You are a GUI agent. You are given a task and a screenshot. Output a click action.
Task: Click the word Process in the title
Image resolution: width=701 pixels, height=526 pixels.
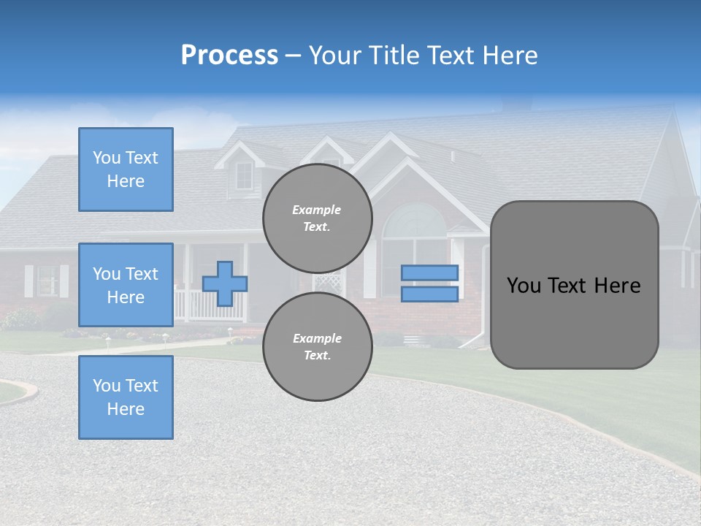229,56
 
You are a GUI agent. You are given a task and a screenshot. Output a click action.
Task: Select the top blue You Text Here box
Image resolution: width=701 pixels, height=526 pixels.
126,169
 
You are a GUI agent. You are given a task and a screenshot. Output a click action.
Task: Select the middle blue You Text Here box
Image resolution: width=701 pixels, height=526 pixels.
126,285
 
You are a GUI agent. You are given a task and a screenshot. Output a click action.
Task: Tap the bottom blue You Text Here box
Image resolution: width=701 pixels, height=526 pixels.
126,397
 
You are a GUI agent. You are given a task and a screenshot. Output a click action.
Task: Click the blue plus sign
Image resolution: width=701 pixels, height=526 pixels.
225,283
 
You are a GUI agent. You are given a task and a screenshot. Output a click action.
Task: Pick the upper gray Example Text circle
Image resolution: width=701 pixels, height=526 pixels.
317,218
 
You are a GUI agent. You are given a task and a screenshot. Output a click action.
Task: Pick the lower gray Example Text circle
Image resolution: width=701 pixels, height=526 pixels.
317,346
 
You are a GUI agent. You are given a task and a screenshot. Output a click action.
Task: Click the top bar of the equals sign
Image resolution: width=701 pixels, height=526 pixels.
429,272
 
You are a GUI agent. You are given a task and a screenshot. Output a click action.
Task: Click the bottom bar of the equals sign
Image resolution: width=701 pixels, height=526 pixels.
429,294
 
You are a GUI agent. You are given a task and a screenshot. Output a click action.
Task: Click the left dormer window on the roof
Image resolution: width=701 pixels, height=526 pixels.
243,175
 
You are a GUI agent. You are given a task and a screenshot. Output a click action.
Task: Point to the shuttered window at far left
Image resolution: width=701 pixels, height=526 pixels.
47,281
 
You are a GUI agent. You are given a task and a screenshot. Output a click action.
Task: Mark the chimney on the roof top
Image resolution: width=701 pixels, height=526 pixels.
517,104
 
